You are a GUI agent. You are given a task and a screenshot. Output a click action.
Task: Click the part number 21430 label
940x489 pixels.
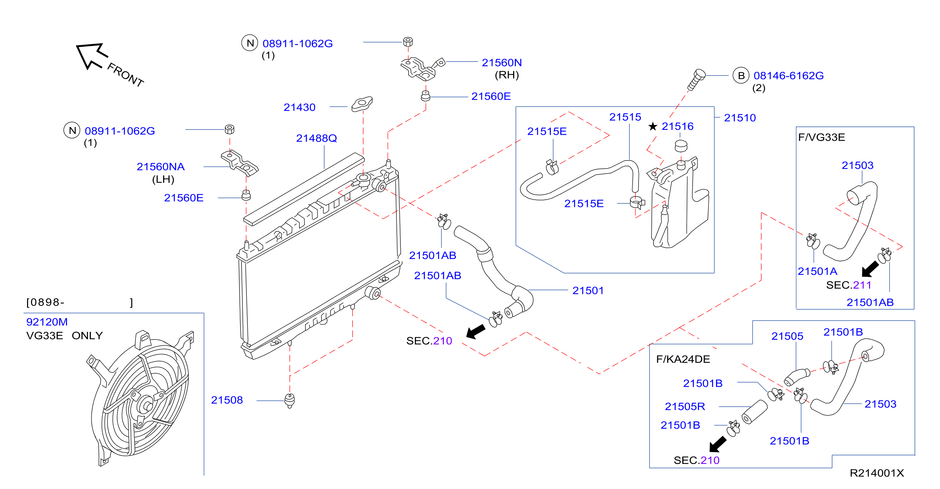point(299,107)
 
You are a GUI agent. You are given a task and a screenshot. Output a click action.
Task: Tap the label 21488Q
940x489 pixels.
point(316,138)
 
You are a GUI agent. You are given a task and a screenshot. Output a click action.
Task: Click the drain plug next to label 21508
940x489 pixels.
point(289,400)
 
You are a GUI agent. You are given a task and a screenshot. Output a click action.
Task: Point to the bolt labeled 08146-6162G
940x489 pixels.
point(696,79)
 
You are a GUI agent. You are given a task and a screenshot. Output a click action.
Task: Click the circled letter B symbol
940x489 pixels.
point(741,75)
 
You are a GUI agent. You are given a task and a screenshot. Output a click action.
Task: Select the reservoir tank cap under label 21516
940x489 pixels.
point(681,146)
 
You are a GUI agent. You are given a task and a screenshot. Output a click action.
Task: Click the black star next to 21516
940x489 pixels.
point(652,127)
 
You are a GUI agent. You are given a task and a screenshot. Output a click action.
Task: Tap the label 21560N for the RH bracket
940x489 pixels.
point(501,63)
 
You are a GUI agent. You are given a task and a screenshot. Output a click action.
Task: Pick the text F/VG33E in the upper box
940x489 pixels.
point(821,137)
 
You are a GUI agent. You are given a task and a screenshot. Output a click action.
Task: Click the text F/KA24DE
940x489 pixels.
point(683,359)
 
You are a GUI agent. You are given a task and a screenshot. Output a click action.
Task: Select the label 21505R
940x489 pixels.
point(685,406)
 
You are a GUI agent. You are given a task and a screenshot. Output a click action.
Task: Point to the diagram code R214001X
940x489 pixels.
point(876,473)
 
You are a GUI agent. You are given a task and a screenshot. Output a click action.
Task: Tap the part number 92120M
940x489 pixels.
point(47,322)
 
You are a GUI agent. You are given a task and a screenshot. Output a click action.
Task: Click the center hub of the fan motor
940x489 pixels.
point(147,406)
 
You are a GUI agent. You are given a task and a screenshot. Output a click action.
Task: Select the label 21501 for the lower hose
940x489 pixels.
point(587,291)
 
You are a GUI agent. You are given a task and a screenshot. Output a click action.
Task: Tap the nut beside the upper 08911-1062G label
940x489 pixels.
point(408,42)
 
